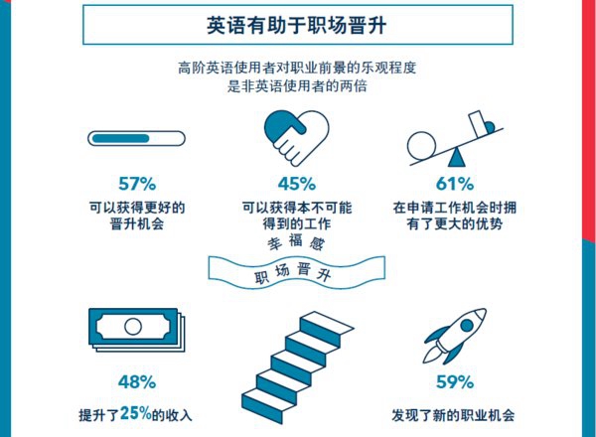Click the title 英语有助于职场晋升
click(x=297, y=25)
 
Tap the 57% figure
click(x=137, y=184)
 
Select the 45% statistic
click(x=297, y=184)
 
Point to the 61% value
click(x=455, y=184)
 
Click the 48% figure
click(x=137, y=382)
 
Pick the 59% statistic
click(x=455, y=382)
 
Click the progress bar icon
click(x=136, y=138)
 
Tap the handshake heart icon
click(x=296, y=138)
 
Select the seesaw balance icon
click(x=455, y=139)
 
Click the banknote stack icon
click(x=137, y=330)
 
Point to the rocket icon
click(x=455, y=336)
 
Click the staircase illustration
click(x=297, y=367)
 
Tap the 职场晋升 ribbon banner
click(x=296, y=272)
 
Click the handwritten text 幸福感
click(x=296, y=242)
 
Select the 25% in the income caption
click(x=136, y=413)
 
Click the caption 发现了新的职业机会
click(x=453, y=415)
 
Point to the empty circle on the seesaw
click(x=421, y=146)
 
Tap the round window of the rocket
click(x=467, y=326)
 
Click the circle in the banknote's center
click(x=133, y=326)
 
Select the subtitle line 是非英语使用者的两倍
click(x=297, y=86)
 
